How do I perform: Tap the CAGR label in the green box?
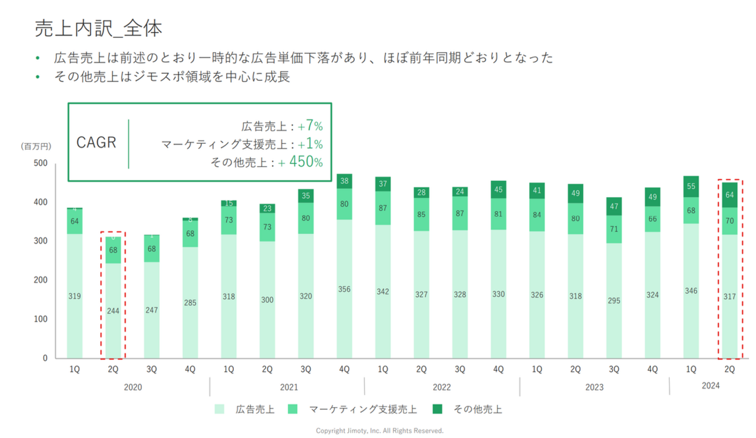click(97, 143)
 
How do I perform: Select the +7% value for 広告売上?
click(310, 126)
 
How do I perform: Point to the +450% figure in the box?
click(301, 162)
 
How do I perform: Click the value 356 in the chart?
click(345, 289)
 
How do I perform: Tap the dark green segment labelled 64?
click(729, 195)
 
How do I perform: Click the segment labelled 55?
click(691, 186)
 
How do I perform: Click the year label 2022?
click(441, 387)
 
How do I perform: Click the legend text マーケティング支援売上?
click(362, 409)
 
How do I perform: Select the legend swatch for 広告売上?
click(219, 409)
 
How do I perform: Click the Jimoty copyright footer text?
click(379, 431)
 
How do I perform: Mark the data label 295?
click(614, 301)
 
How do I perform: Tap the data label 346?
click(691, 290)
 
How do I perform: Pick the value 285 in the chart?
click(190, 302)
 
